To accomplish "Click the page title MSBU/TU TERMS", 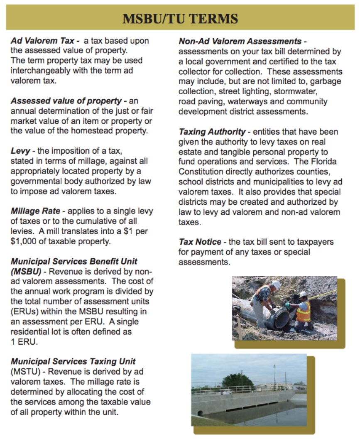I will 180,19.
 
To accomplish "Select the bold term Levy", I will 20,152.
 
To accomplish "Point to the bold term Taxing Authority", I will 212,132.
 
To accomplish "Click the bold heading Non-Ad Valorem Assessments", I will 240,42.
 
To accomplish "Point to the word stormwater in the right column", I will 303,91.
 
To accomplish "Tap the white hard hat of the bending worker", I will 276,285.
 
